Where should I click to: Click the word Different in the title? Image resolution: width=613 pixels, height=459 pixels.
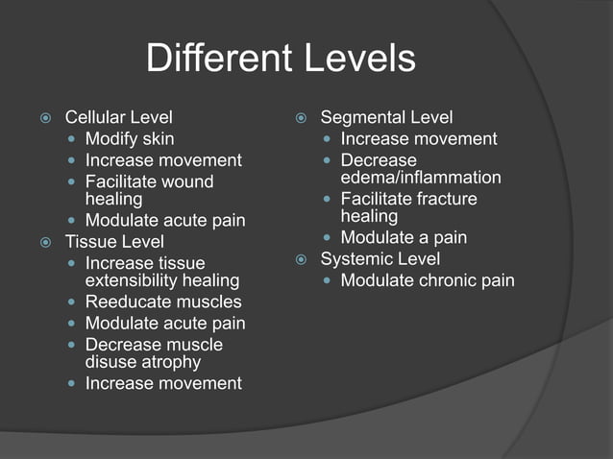(212, 60)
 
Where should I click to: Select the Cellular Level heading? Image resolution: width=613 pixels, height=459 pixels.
(118, 118)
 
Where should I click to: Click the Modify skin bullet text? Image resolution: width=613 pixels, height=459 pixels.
(130, 139)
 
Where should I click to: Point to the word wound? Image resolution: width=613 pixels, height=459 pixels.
(187, 181)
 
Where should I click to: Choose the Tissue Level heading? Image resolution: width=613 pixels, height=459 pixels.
(113, 242)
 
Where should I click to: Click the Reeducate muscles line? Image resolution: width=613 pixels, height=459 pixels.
(163, 302)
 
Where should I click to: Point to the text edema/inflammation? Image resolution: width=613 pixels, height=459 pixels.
(421, 178)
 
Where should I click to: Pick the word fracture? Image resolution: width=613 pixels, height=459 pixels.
(443, 199)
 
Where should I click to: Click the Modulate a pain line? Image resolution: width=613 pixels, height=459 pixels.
(404, 238)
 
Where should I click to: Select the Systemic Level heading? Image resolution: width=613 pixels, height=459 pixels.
(380, 259)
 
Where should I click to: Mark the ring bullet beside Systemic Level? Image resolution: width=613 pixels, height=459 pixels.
(300, 259)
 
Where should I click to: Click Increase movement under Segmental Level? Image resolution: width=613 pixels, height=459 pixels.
(418, 139)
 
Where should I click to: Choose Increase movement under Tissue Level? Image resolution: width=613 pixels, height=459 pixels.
(163, 383)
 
